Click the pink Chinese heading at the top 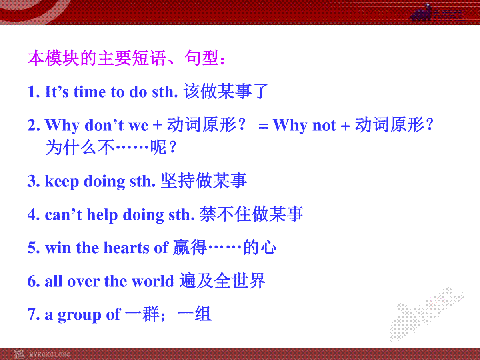(x=126, y=58)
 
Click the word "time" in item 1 (x=90, y=92)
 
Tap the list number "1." (x=34, y=92)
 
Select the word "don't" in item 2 (x=104, y=126)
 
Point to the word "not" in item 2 (x=324, y=126)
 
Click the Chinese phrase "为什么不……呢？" (x=111, y=148)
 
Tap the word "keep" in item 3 (x=62, y=182)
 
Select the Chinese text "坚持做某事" (x=204, y=180)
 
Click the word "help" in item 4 (x=102, y=215)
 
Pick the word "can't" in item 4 (x=64, y=214)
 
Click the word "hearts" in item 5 (x=126, y=248)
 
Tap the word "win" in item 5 (x=58, y=248)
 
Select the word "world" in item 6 (x=153, y=281)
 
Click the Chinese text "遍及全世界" (x=222, y=281)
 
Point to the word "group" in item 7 (x=79, y=315)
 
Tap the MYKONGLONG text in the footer (x=50, y=354)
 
